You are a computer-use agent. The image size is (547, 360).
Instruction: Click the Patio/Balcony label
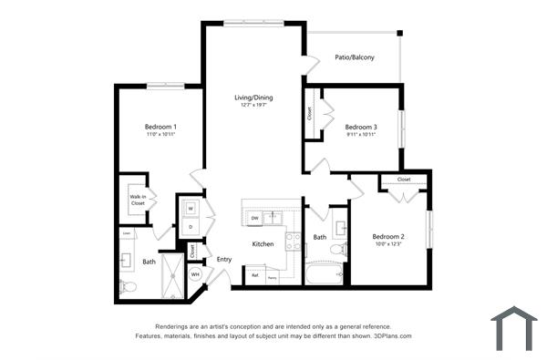coord(355,57)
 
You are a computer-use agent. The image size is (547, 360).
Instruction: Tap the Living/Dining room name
coord(253,98)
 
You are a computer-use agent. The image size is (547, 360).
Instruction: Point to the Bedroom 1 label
coord(160,127)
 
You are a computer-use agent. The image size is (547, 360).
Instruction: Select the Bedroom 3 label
coord(361,127)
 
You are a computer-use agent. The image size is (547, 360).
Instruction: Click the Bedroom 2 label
coord(388,237)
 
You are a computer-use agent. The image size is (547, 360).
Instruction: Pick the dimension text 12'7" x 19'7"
coord(253,106)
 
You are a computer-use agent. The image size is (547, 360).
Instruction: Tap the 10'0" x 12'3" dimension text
coord(388,244)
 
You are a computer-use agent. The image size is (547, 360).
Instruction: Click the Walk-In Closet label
coord(138,200)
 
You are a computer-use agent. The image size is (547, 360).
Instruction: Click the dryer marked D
coord(191,225)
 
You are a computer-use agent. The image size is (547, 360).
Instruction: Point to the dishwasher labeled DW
coord(255,219)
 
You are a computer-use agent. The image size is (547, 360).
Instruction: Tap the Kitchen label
coord(263,244)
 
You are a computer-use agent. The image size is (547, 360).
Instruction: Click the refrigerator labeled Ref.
coord(255,274)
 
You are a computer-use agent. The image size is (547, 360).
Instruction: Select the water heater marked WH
coord(195,274)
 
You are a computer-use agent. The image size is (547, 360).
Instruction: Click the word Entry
coord(224,260)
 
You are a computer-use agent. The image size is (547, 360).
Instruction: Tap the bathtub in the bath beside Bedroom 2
coord(324,273)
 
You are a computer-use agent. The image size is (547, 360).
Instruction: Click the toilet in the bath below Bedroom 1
coord(129,287)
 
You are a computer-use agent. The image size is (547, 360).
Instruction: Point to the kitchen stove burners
coord(294,242)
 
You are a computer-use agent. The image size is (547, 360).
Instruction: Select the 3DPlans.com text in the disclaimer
coord(391,335)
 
